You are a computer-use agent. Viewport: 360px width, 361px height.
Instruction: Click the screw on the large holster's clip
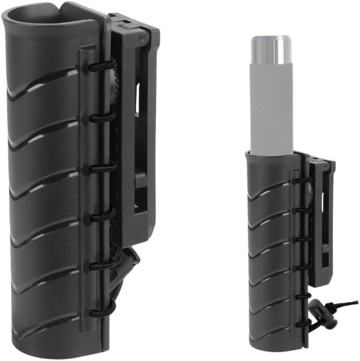[x=141, y=38]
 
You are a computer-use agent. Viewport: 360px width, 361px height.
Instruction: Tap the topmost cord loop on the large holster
[x=101, y=65]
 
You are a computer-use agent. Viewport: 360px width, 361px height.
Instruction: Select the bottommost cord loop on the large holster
[x=102, y=312]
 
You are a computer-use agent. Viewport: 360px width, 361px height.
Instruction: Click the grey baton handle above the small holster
[x=270, y=107]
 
